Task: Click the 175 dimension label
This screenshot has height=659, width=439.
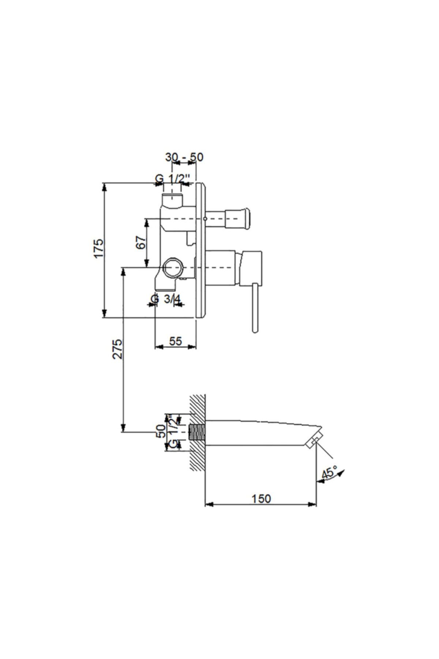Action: [x=99, y=249]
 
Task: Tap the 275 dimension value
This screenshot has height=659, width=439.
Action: [x=118, y=349]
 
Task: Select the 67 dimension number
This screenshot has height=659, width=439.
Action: [x=141, y=243]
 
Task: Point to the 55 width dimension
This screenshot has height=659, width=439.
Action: [x=176, y=341]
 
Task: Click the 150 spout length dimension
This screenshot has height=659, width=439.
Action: [x=261, y=498]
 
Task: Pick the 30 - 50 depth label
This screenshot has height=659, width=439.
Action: [x=184, y=157]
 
